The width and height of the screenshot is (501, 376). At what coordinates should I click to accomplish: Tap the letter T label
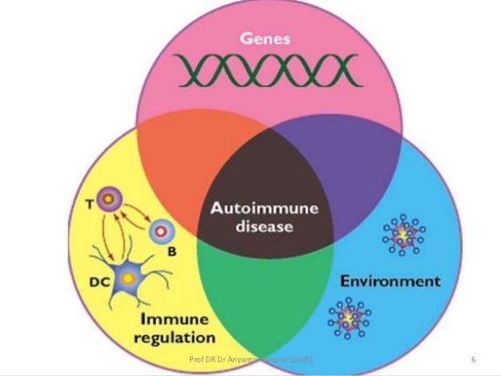pos(101,203)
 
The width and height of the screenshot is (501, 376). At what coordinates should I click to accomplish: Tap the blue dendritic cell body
pos(126,276)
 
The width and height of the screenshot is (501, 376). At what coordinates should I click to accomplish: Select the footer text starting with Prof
pos(251,360)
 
